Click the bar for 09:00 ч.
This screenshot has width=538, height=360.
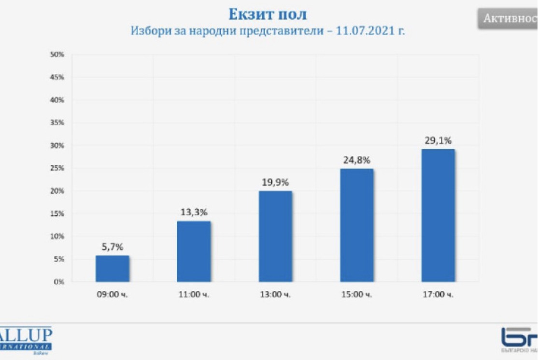pyautogui.click(x=112, y=269)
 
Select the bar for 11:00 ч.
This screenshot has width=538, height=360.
pyautogui.click(x=194, y=251)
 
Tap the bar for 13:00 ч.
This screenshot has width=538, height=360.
pyautogui.click(x=275, y=236)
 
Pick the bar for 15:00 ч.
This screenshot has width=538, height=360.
pyautogui.click(x=357, y=225)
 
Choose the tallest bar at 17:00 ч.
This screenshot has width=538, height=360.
pyautogui.click(x=438, y=215)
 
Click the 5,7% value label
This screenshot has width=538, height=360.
pyautogui.click(x=112, y=247)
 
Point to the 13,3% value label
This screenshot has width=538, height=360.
pyautogui.click(x=193, y=213)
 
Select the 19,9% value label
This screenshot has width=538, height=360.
pyautogui.click(x=275, y=182)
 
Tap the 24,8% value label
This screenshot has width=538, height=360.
pyautogui.click(x=357, y=160)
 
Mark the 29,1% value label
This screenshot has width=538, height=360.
pyautogui.click(x=438, y=140)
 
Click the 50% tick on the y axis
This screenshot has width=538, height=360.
pyautogui.click(x=57, y=55)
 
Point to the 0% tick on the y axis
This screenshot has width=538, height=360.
pyautogui.click(x=59, y=282)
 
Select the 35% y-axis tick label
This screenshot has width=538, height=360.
pyautogui.click(x=57, y=123)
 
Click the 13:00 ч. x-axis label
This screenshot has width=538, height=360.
pyautogui.click(x=275, y=294)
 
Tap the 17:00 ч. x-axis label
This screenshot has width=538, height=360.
pyautogui.click(x=438, y=294)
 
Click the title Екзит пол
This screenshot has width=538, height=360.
pyautogui.click(x=268, y=14)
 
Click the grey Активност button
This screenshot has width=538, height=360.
pyautogui.click(x=509, y=19)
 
